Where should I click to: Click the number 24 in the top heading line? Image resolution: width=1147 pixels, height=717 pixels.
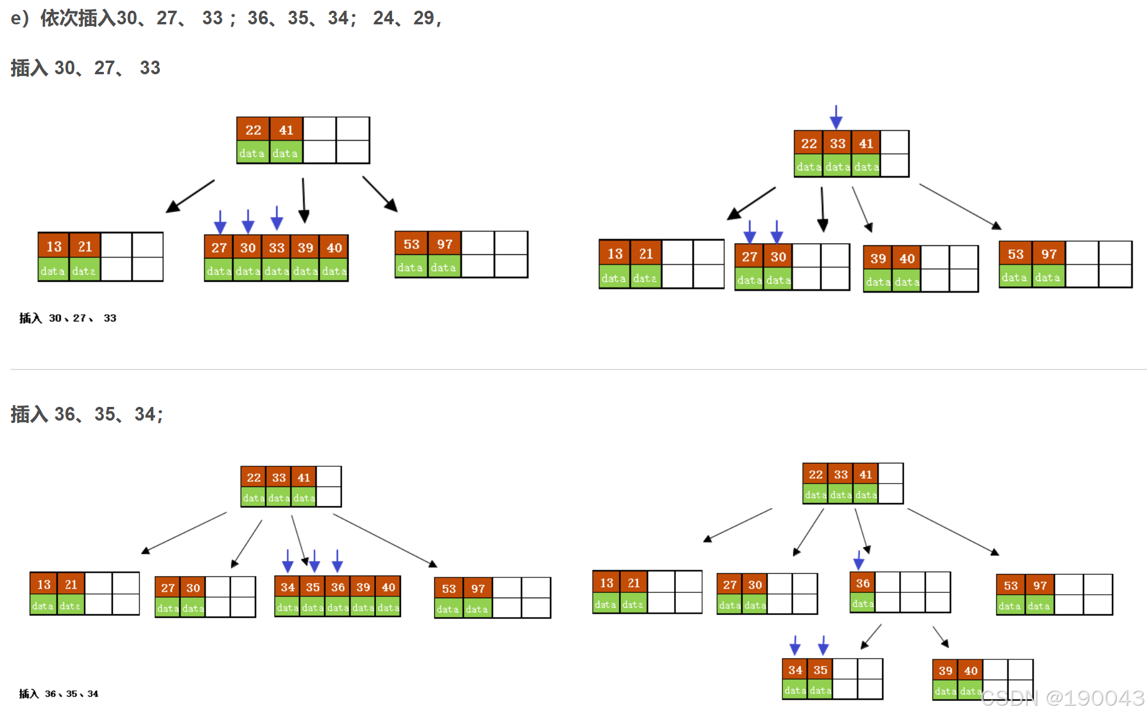[383, 18]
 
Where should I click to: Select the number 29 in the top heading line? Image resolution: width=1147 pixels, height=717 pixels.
[424, 18]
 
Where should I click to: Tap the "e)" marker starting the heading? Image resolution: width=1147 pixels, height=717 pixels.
[20, 18]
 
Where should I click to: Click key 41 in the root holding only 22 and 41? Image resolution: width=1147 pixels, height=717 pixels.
[286, 130]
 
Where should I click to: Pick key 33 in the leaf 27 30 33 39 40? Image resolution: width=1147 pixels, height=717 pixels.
[277, 248]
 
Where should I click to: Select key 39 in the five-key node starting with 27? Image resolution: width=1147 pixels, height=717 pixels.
[305, 248]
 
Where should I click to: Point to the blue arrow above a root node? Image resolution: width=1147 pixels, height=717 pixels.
[836, 117]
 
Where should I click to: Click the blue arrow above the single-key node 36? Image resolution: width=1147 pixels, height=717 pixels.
[858, 560]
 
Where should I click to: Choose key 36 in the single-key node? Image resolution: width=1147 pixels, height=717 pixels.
[862, 583]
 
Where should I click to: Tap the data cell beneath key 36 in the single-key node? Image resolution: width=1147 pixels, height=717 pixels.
[862, 604]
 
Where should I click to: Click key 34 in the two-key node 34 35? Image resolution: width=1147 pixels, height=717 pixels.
[795, 670]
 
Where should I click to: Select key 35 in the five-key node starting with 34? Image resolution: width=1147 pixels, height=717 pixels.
[312, 588]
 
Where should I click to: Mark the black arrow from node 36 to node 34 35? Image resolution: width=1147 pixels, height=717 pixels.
[871, 636]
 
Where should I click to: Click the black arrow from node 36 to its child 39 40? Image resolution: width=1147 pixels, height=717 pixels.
[941, 637]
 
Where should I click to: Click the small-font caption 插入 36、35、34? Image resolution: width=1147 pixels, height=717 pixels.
[59, 694]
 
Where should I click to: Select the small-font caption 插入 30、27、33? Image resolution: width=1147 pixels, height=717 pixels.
[68, 318]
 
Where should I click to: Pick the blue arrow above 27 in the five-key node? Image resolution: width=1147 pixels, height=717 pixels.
[220, 222]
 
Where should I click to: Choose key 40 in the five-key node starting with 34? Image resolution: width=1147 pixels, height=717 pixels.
[388, 588]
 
